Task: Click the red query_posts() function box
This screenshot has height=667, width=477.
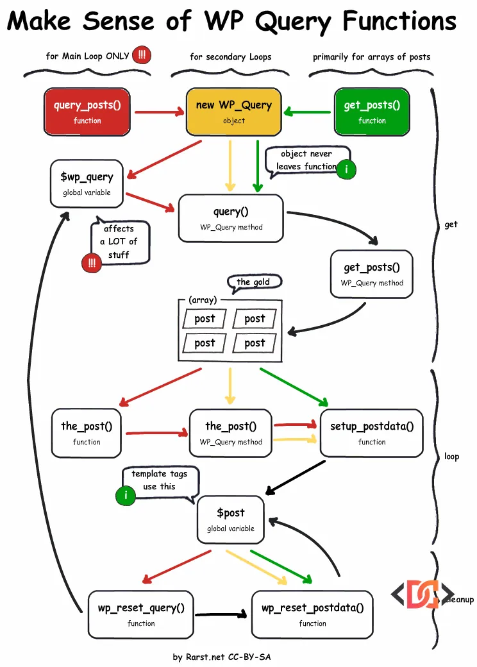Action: pyautogui.click(x=87, y=112)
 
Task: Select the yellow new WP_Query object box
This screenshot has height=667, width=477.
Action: pyautogui.click(x=233, y=112)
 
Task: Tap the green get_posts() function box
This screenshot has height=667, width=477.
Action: pyautogui.click(x=372, y=112)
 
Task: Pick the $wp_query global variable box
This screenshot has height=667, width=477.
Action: pyautogui.click(x=87, y=183)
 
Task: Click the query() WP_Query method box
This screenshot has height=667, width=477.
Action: pyautogui.click(x=231, y=218)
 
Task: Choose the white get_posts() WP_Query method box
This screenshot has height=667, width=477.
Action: pyautogui.click(x=372, y=274)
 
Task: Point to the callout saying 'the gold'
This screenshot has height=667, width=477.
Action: pyautogui.click(x=254, y=282)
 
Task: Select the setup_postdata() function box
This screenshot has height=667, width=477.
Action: pyautogui.click(x=372, y=433)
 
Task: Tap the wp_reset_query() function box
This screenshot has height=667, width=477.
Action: pyautogui.click(x=141, y=614)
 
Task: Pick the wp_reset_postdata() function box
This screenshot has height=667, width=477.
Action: pyautogui.click(x=312, y=614)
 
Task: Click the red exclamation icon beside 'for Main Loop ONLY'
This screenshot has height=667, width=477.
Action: pyautogui.click(x=142, y=56)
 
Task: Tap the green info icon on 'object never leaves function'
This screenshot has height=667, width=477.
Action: pyautogui.click(x=346, y=169)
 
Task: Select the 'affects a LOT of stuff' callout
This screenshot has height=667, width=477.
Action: pyautogui.click(x=119, y=242)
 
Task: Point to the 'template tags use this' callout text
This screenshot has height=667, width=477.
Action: pyautogui.click(x=160, y=480)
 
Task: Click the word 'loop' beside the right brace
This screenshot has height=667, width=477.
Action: pyautogui.click(x=451, y=457)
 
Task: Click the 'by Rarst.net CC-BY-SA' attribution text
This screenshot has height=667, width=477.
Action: pyautogui.click(x=225, y=657)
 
